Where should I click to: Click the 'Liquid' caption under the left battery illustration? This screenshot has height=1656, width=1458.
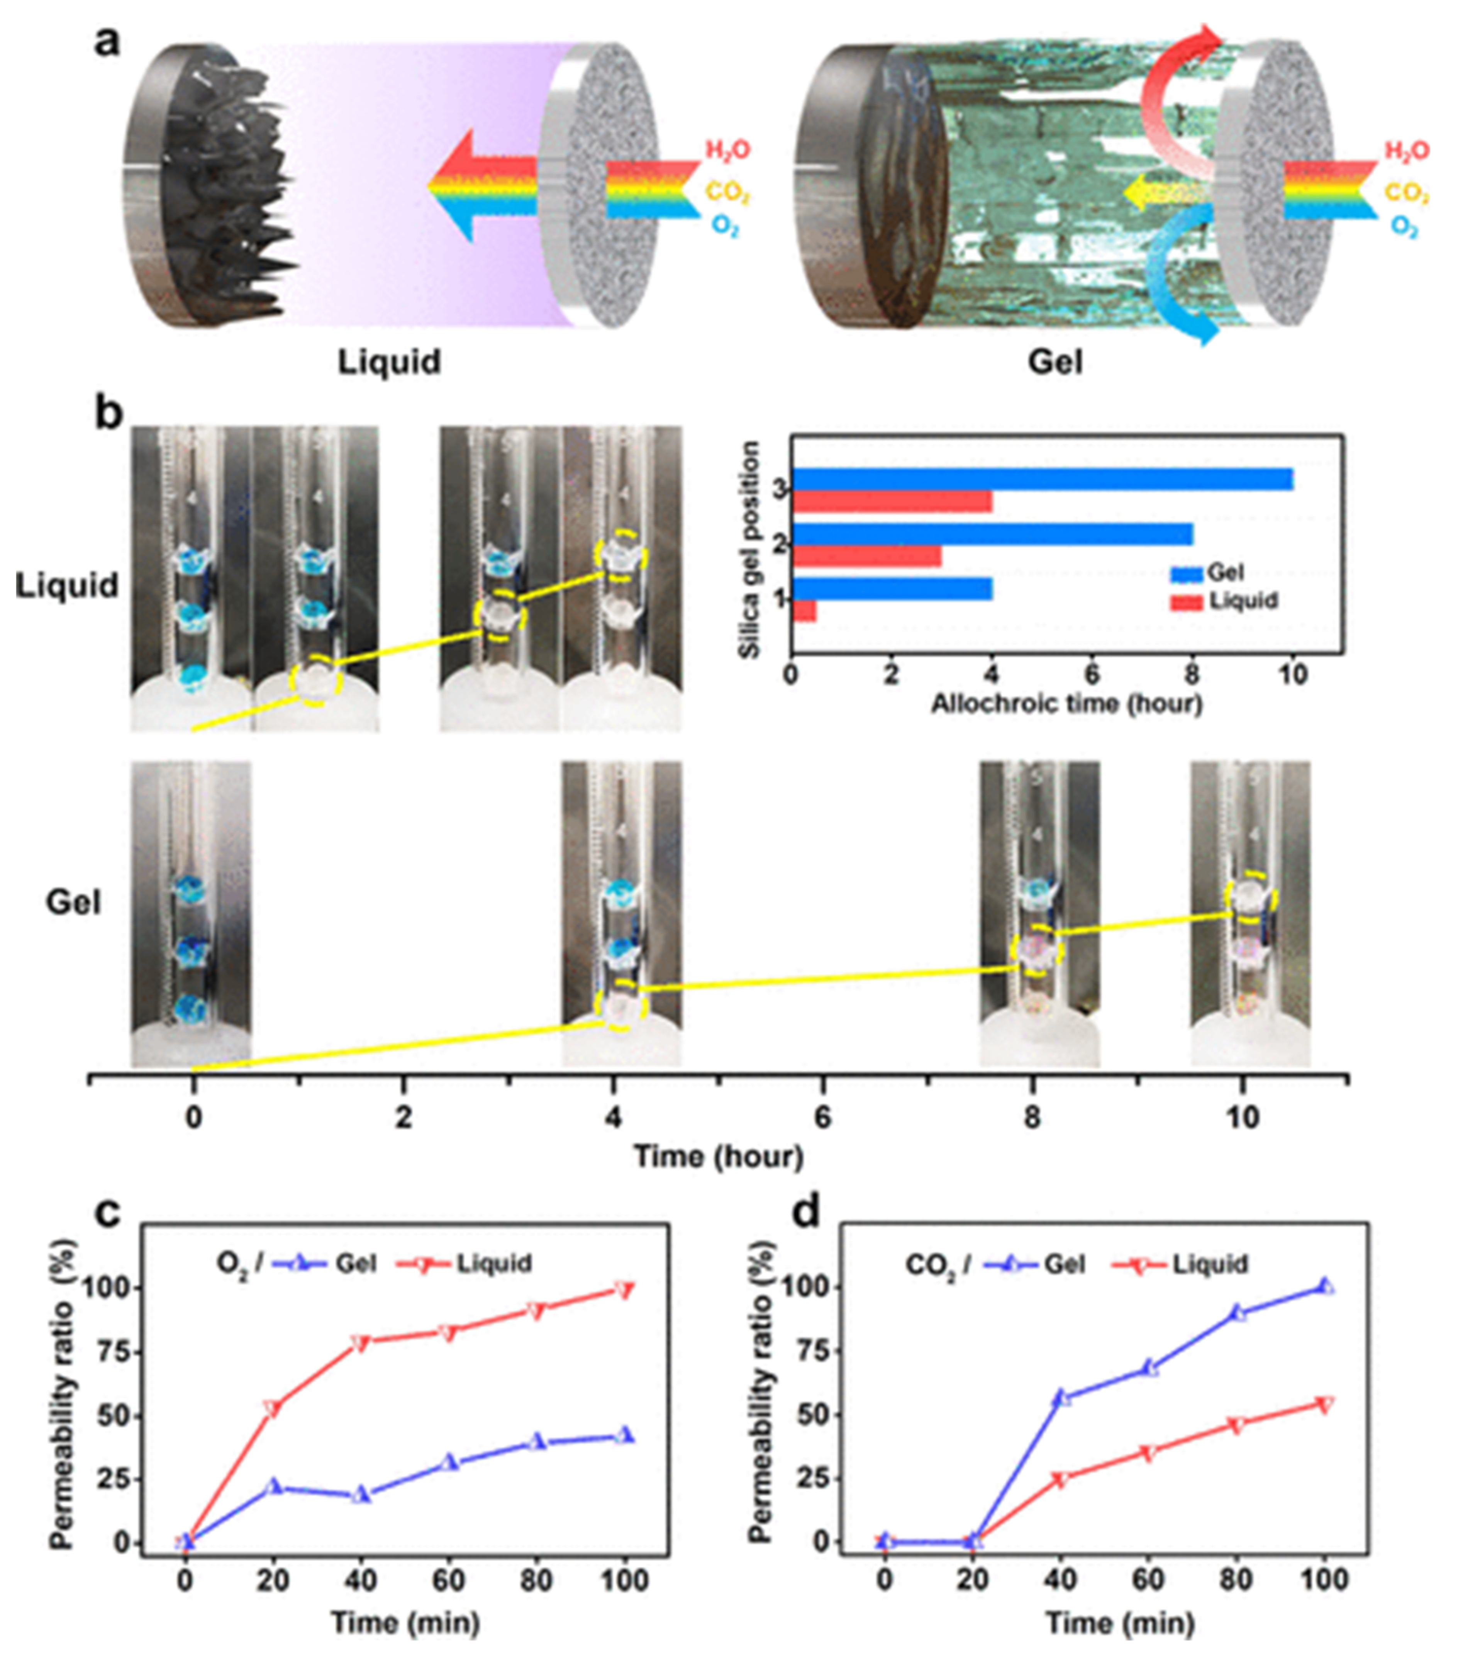(390, 361)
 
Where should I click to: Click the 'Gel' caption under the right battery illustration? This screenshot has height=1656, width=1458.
(1055, 361)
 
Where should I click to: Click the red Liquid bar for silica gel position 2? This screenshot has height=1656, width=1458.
(867, 557)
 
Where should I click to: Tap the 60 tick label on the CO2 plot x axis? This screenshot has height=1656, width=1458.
(1149, 1580)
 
